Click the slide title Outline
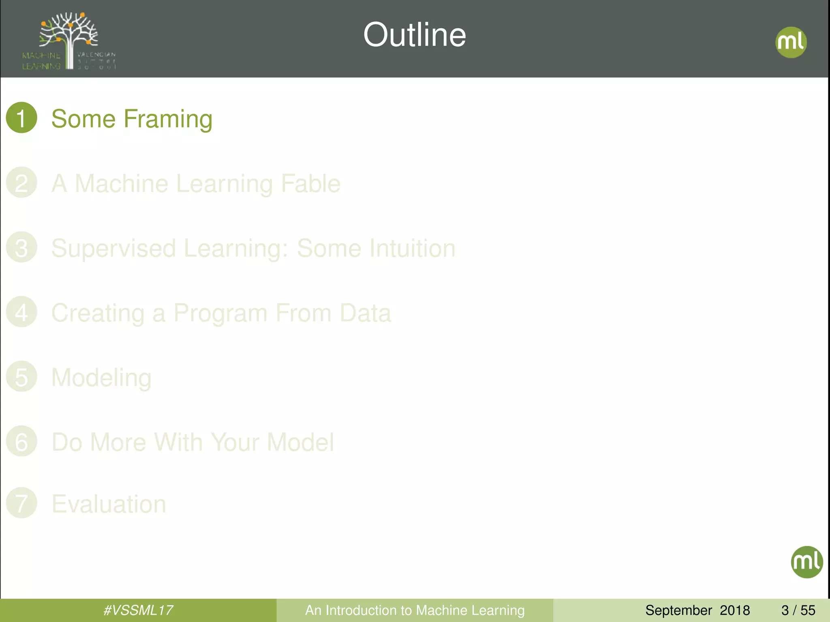pos(415,35)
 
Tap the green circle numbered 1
pos(21,118)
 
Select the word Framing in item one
pos(168,119)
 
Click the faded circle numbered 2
pos(21,183)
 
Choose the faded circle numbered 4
pos(21,312)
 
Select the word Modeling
pos(101,378)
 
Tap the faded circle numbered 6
pos(21,441)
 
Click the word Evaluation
pos(109,504)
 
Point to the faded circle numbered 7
pos(21,503)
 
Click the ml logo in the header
pos(791,42)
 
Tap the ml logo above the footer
pos(806,562)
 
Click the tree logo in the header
pos(69,40)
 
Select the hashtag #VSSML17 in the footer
pos(138,610)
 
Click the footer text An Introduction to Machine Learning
pos(415,610)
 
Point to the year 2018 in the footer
pos(735,610)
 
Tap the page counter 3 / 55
pos(798,610)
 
